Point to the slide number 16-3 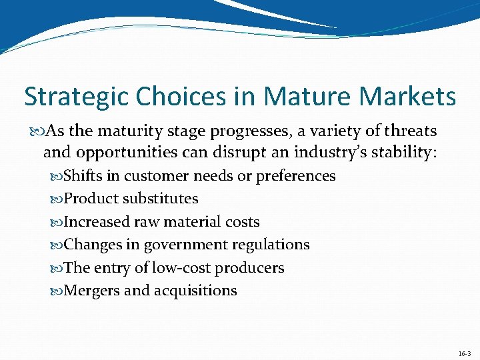coord(464,353)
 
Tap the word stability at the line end coord(402,153)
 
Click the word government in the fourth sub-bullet coord(183,245)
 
